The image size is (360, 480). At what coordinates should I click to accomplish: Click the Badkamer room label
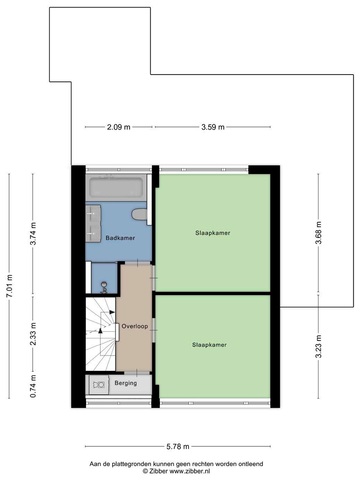[x=120, y=238]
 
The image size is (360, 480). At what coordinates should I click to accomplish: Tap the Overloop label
[x=135, y=326]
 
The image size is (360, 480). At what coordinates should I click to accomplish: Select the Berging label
[x=126, y=383]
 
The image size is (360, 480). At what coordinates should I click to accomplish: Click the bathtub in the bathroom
[x=116, y=188]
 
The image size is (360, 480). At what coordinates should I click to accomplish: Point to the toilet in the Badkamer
[x=139, y=214]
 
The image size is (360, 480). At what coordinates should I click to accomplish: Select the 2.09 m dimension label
[x=119, y=127]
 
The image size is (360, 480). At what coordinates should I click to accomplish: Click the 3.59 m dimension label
[x=213, y=127]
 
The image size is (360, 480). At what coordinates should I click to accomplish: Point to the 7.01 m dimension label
[x=9, y=286]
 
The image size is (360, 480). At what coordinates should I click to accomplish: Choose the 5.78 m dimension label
[x=178, y=446]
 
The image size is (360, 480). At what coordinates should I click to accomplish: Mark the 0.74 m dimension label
[x=33, y=386]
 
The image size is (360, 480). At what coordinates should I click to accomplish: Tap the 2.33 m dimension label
[x=33, y=334]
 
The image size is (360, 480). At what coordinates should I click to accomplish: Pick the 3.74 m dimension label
[x=33, y=234]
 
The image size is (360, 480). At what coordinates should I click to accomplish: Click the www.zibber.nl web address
[x=190, y=471]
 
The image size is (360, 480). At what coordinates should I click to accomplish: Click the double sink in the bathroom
[x=93, y=223]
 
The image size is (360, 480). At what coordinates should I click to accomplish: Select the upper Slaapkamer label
[x=213, y=233]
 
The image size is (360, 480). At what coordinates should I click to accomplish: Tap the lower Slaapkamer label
[x=209, y=345]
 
